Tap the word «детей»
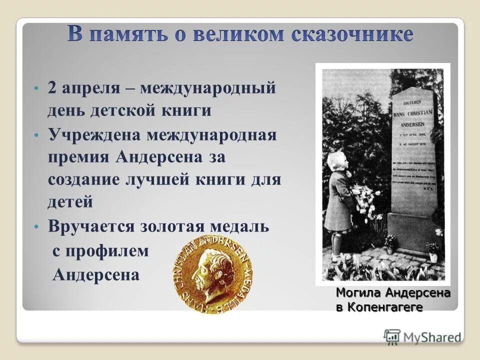coord(70,202)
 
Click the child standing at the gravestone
coord(339,200)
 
